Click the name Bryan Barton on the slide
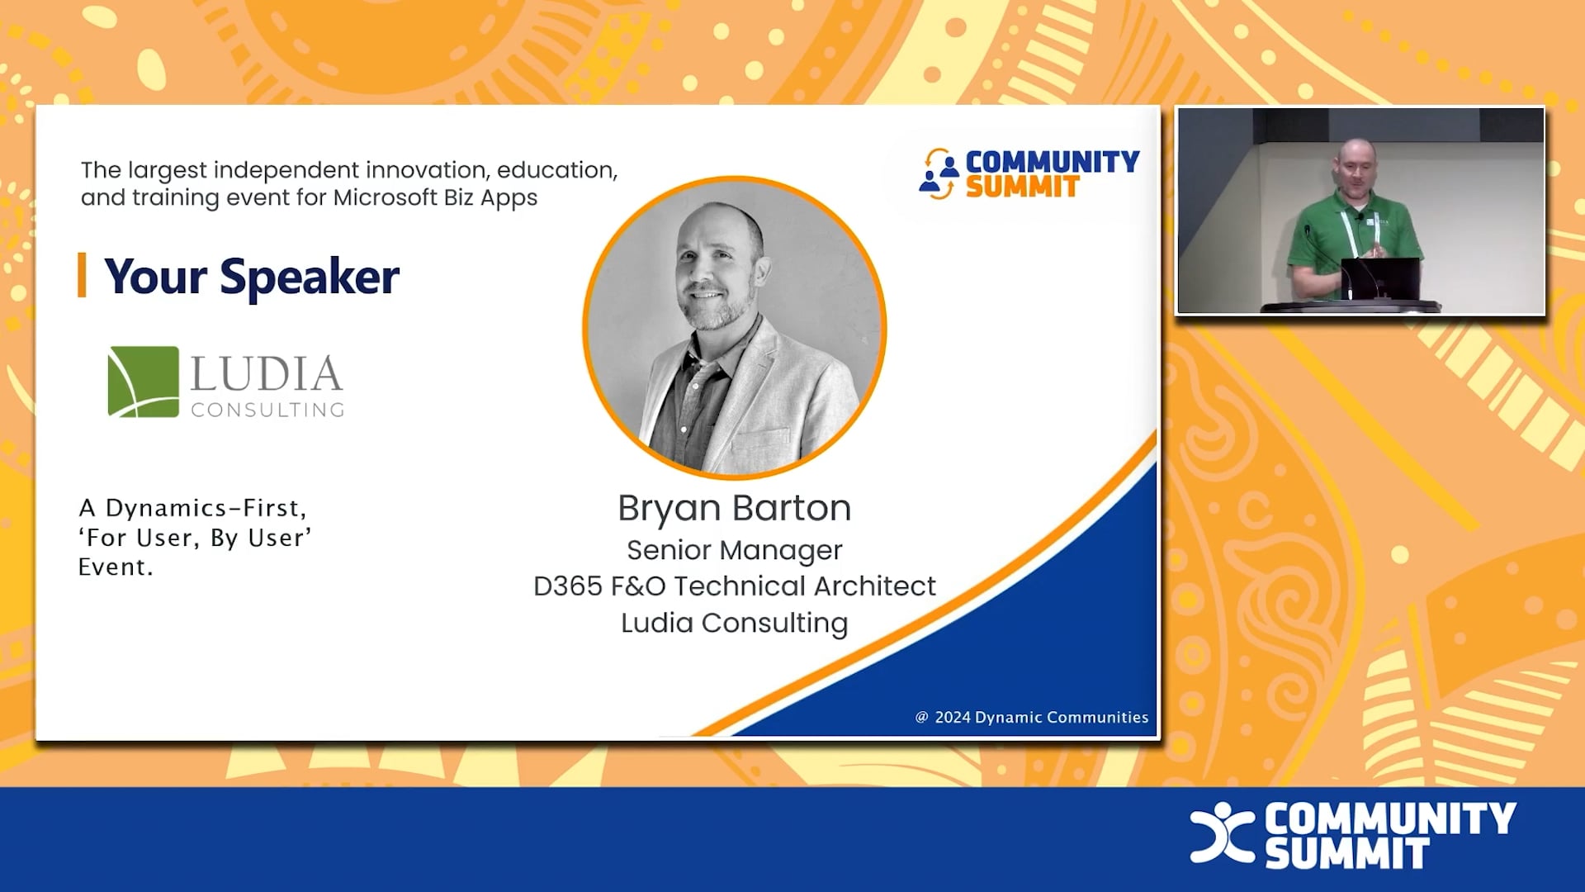click(x=734, y=508)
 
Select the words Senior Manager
click(x=734, y=550)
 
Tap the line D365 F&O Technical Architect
click(x=734, y=586)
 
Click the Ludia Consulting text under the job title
click(x=734, y=623)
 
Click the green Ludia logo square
click(x=143, y=382)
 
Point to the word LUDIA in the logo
click(x=266, y=373)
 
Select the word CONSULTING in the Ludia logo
click(x=267, y=410)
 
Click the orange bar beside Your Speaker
click(x=82, y=275)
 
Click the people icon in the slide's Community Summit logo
click(x=939, y=174)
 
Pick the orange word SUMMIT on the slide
click(x=1022, y=187)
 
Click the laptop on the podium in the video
click(x=1380, y=278)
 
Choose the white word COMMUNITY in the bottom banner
click(x=1390, y=818)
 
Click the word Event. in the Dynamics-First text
click(x=116, y=567)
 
